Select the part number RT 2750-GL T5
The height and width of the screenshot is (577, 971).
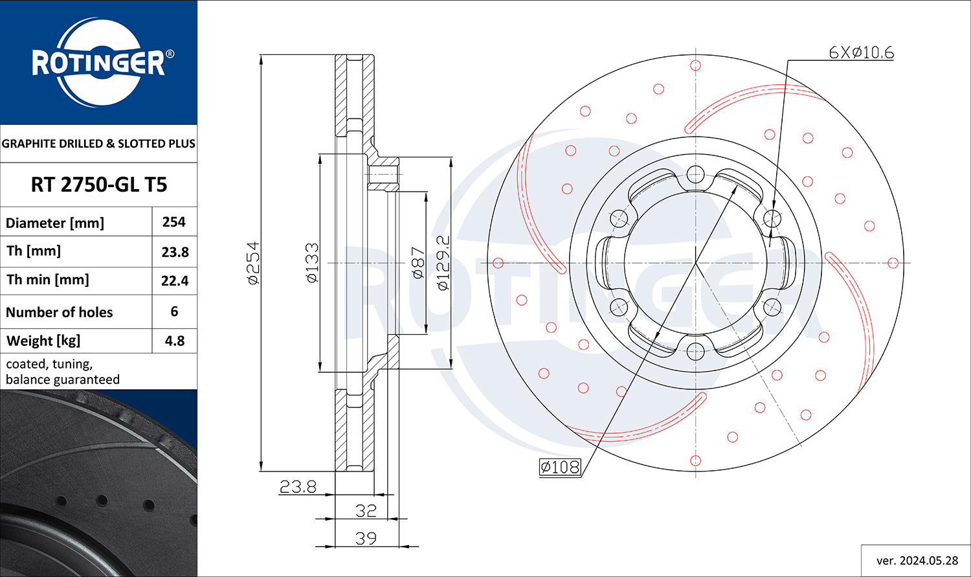click(x=99, y=185)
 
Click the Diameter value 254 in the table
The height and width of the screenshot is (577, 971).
click(x=174, y=222)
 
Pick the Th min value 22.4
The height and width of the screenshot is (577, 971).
click(x=175, y=281)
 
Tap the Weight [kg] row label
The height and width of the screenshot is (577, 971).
click(x=43, y=341)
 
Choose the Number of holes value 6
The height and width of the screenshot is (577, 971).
click(x=174, y=311)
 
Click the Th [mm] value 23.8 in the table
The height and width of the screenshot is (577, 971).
click(x=175, y=252)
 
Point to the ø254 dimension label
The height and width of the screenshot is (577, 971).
click(x=253, y=263)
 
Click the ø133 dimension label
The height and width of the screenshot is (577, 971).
click(x=312, y=263)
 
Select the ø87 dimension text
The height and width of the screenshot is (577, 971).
click(x=418, y=263)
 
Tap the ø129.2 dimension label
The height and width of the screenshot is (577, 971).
click(x=443, y=263)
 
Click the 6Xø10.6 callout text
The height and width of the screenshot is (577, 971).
click(x=861, y=53)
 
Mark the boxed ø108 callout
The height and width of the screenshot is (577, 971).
click(x=560, y=468)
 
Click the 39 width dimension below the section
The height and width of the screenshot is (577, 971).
click(x=366, y=538)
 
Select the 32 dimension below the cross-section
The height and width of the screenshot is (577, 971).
click(x=366, y=511)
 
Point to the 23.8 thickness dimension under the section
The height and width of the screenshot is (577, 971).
click(x=298, y=487)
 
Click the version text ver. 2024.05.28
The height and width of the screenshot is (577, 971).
click(x=917, y=561)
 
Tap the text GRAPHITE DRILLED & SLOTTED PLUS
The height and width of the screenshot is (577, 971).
click(x=98, y=144)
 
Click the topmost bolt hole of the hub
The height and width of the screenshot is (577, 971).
click(x=695, y=174)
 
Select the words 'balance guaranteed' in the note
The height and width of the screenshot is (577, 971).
click(x=62, y=379)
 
